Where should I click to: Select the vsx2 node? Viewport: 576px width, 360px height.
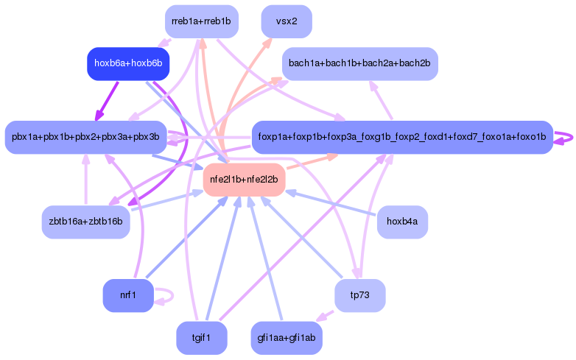(287, 21)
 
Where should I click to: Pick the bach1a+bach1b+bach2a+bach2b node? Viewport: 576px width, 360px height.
(360, 63)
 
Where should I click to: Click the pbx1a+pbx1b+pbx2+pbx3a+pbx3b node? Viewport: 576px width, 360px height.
(85, 137)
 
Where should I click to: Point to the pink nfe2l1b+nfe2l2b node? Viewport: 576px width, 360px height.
(244, 180)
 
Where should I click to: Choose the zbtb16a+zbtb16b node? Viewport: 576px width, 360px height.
(85, 222)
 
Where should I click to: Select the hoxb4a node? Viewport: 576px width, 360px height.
(402, 222)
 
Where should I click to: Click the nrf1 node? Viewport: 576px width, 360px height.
(128, 296)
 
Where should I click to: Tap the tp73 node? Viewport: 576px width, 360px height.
(359, 296)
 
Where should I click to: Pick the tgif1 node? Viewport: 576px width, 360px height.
(201, 338)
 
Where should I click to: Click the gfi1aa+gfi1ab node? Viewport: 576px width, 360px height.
(287, 338)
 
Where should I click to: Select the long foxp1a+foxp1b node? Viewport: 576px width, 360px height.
(402, 137)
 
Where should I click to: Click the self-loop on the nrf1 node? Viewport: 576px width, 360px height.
(168, 296)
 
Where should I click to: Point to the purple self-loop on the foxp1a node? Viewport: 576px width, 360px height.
(564, 137)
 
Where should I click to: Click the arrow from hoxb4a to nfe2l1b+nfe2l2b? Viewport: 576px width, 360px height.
(331, 204)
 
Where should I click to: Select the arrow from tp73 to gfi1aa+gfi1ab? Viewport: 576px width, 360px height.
(324, 316)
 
